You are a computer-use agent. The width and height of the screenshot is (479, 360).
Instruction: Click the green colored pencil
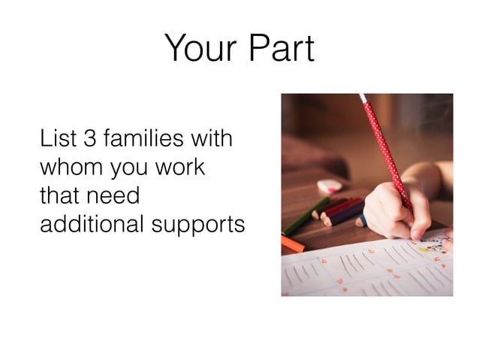(304, 217)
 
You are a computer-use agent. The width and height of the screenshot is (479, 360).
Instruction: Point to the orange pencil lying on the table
(292, 243)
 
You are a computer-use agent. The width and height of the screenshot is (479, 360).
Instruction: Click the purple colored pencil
(344, 213)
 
